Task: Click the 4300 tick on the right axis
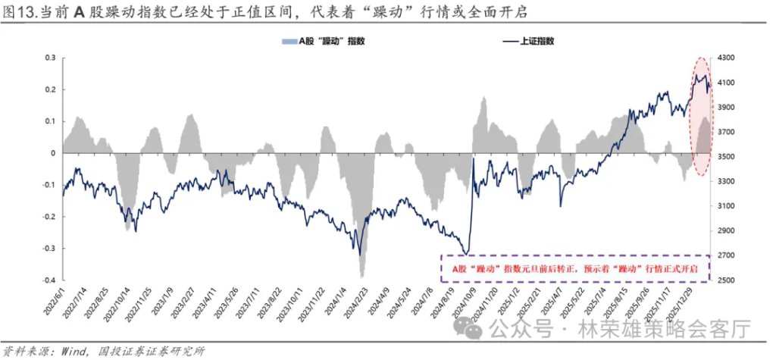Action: [x=727, y=58]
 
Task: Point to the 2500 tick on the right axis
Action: [x=727, y=280]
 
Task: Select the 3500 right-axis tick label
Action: [x=727, y=157]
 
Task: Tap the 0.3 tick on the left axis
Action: [x=51, y=58]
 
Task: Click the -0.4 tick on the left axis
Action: [x=49, y=280]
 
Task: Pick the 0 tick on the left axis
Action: [x=54, y=153]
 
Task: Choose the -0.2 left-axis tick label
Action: [x=49, y=217]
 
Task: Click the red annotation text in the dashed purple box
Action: [x=574, y=268]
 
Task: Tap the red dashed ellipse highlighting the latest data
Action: [x=701, y=117]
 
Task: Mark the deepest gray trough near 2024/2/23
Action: [x=362, y=275]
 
